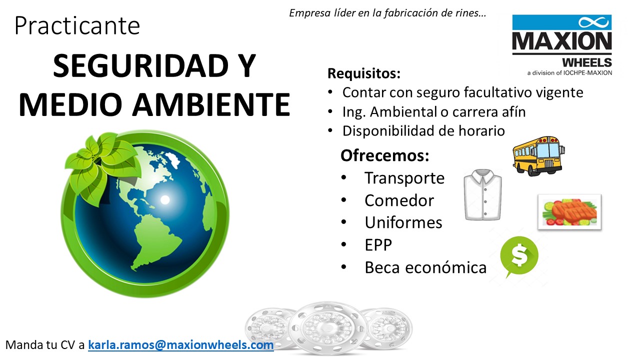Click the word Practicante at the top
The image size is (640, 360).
pyautogui.click(x=77, y=25)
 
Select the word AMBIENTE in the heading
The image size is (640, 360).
pyautogui.click(x=211, y=104)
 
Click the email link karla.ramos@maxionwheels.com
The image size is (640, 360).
pyautogui.click(x=181, y=345)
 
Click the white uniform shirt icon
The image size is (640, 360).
pyautogui.click(x=482, y=195)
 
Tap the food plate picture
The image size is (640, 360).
pyautogui.click(x=569, y=211)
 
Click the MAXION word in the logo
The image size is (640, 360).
pyautogui.click(x=562, y=41)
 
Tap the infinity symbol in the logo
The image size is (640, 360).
pyautogui.click(x=593, y=22)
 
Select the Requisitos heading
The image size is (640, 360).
pyautogui.click(x=364, y=73)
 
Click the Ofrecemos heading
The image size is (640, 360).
pyautogui.click(x=385, y=155)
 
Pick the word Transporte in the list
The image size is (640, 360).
pyautogui.click(x=404, y=178)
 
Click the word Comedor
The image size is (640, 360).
pyautogui.click(x=399, y=200)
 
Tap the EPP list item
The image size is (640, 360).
pyautogui.click(x=378, y=245)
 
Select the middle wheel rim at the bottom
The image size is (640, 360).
pyautogui.click(x=328, y=328)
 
